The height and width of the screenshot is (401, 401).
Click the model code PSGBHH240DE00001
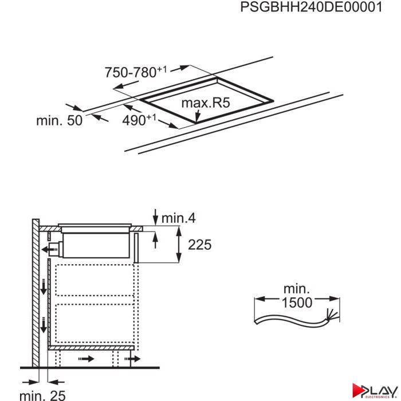(311, 7)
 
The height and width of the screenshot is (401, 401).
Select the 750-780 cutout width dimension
(136, 72)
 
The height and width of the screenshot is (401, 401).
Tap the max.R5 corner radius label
(206, 103)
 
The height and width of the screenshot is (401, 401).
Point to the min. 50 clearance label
(60, 120)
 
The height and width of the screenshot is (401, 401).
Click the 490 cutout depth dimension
(139, 120)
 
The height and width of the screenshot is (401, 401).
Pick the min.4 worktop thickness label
(179, 218)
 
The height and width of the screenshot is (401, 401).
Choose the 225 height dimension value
(200, 245)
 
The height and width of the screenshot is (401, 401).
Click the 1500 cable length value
(297, 302)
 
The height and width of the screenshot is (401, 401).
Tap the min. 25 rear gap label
(42, 395)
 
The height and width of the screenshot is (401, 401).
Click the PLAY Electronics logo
(375, 391)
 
